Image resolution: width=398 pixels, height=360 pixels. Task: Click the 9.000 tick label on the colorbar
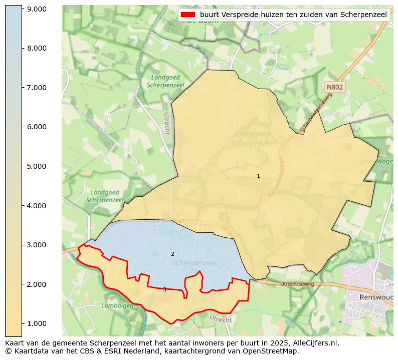36,9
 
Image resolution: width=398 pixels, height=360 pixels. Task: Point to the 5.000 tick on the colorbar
36,166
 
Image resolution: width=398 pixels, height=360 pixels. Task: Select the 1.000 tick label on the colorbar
36,323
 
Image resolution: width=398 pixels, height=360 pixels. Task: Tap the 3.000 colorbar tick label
36,245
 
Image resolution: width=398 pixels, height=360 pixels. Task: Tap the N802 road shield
334,87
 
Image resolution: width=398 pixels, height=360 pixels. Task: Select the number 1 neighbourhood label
258,176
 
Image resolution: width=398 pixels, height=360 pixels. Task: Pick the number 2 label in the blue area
172,254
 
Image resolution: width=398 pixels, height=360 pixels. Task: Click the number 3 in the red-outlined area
164,289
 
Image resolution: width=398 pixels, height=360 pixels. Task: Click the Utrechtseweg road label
297,284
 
